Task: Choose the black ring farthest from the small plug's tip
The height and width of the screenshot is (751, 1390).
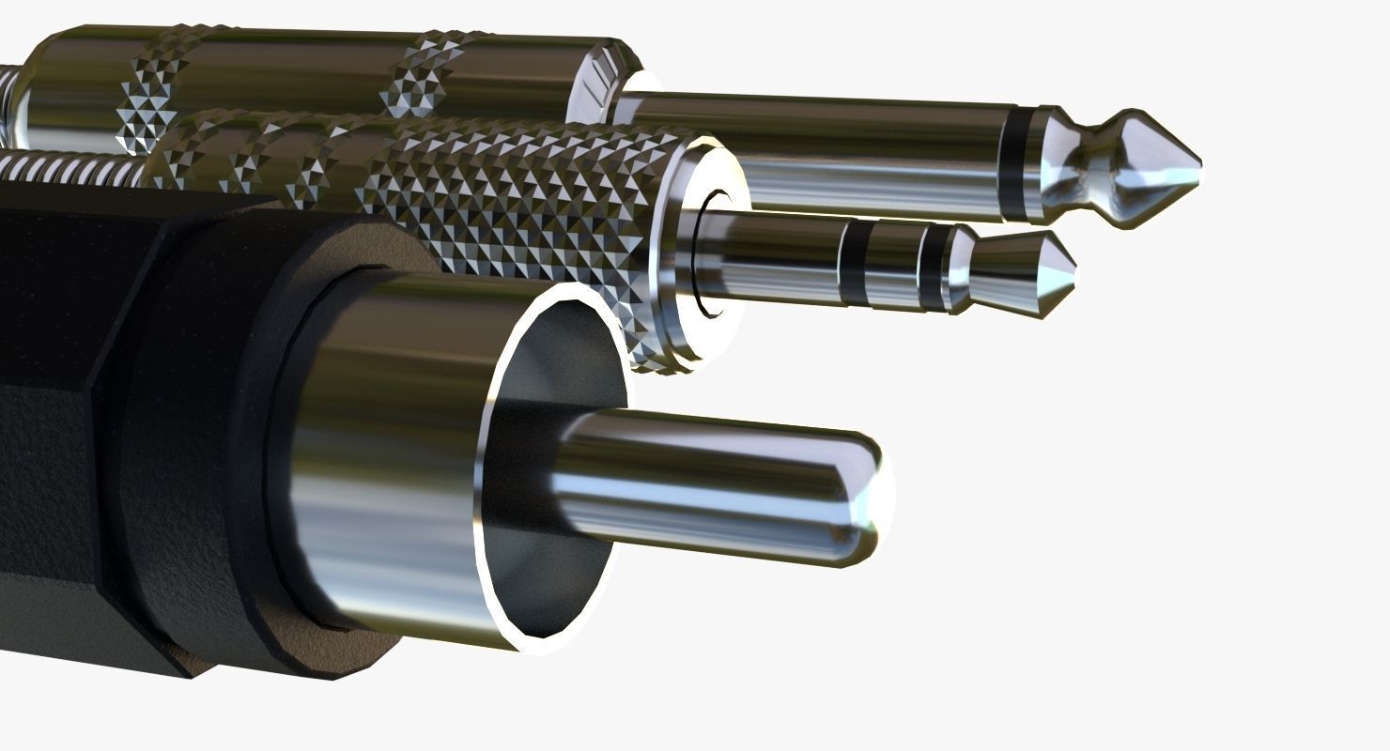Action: coord(853,262)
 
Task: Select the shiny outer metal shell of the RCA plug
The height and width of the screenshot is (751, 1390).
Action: coord(394,451)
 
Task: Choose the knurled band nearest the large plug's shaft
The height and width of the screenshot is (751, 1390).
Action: coord(423,75)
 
